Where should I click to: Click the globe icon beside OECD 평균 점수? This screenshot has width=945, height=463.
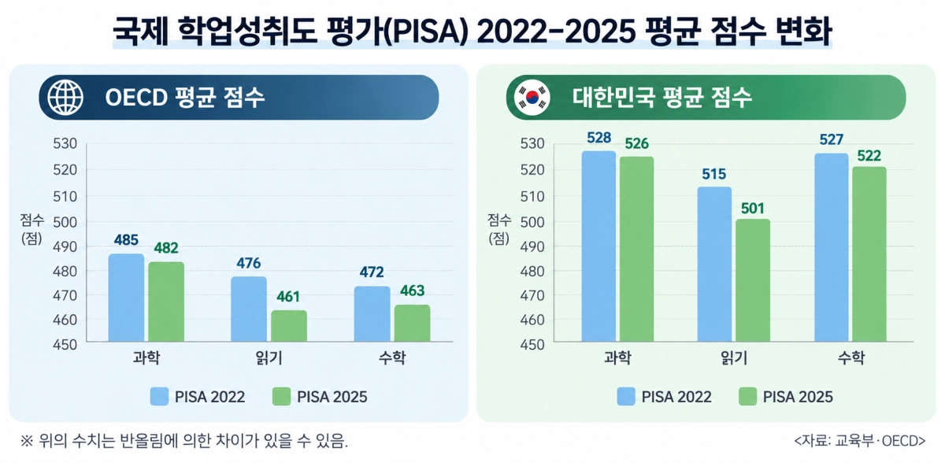coord(65,98)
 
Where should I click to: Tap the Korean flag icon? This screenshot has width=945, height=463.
coord(532,98)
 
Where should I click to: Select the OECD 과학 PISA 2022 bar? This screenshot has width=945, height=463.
coord(126,298)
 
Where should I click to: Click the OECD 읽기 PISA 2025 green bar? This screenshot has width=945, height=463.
coord(289,326)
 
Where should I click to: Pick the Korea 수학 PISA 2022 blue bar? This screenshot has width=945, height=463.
coord(832,247)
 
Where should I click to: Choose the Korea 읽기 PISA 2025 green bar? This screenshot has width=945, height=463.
coord(753,280)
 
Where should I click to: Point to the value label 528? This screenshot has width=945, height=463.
coord(599,138)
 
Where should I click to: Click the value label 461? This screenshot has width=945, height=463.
coord(288,297)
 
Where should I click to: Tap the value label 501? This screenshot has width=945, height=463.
coord(753,209)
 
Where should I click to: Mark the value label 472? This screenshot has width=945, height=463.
coord(372,272)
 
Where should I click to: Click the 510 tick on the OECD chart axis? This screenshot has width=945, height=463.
coord(65,196)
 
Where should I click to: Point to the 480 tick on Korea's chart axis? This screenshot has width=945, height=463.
coord(532,271)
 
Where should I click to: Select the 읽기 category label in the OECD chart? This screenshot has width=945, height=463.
coord(269,358)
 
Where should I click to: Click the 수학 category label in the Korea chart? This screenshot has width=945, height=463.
coord(851,358)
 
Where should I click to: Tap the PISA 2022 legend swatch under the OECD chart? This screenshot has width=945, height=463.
coord(159,397)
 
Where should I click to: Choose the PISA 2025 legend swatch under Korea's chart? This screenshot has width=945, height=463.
coord(747,397)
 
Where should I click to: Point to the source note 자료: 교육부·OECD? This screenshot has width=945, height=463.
coord(860,441)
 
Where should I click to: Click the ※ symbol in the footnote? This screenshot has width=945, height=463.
coord(27,441)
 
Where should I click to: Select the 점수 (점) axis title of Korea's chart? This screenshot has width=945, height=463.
coord(499,229)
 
